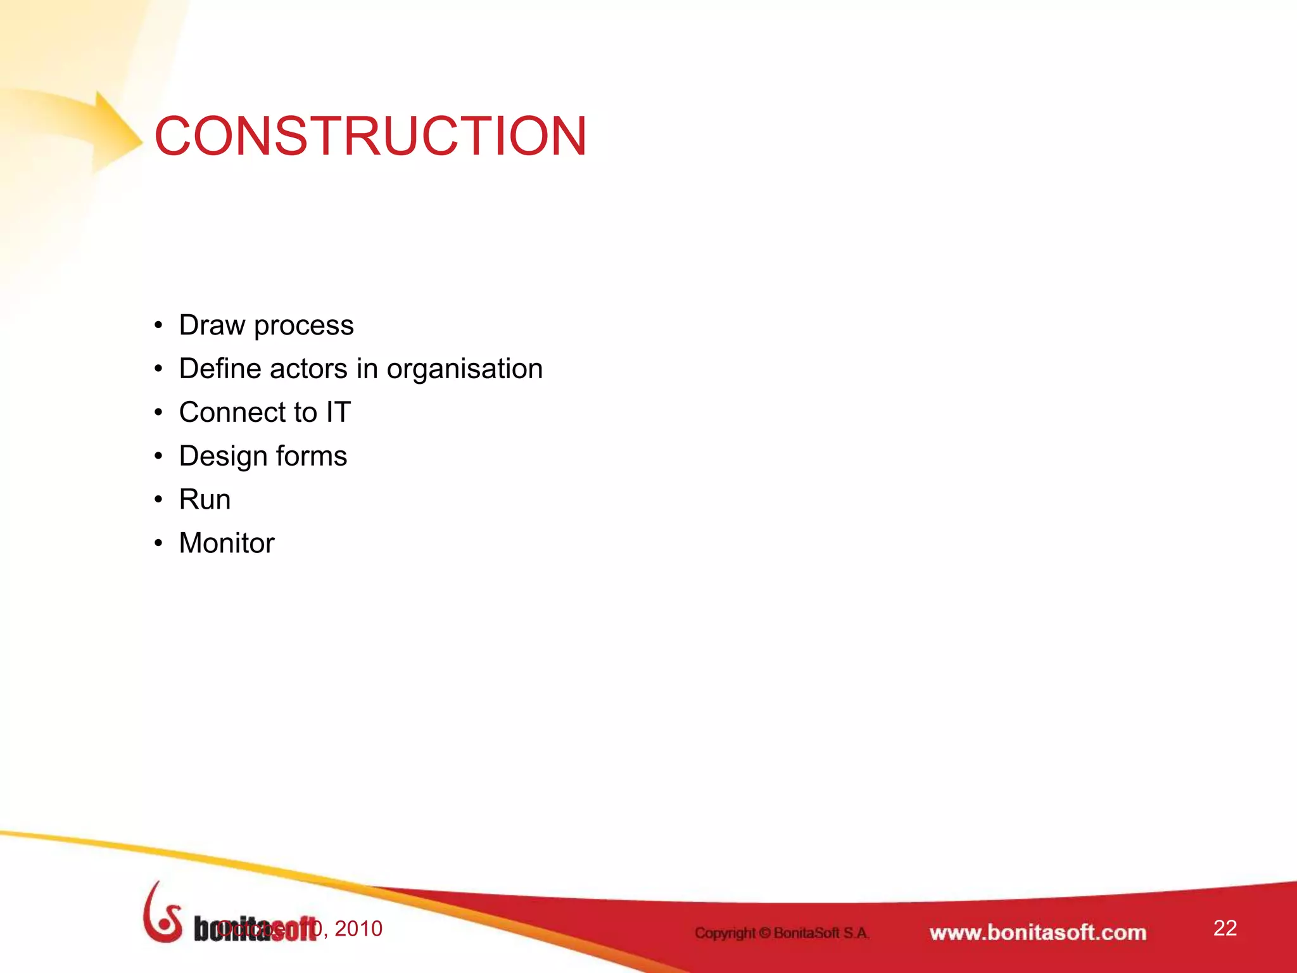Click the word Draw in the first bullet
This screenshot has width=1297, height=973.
coord(212,326)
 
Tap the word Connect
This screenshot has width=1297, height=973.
coord(248,412)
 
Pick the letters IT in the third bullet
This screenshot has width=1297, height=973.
coord(338,412)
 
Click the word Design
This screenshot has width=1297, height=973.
coord(222,457)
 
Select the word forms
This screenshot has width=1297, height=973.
coord(311,456)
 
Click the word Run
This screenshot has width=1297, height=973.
coord(205,500)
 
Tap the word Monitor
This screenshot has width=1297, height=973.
coord(227,544)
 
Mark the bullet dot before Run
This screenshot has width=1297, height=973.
coord(158,500)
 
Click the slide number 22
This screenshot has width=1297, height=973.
coord(1225,928)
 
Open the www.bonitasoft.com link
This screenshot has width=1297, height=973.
coord(1037,932)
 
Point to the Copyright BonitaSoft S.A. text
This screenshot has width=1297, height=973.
coord(782,932)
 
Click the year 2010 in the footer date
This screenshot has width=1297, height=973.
coord(358,929)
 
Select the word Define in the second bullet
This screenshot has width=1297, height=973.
coord(218,369)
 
